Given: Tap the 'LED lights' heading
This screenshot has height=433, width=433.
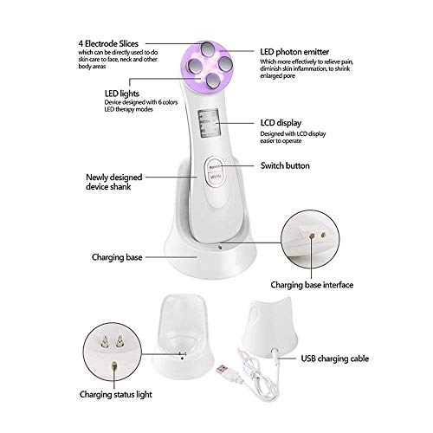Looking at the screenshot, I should pyautogui.click(x=113, y=94).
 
